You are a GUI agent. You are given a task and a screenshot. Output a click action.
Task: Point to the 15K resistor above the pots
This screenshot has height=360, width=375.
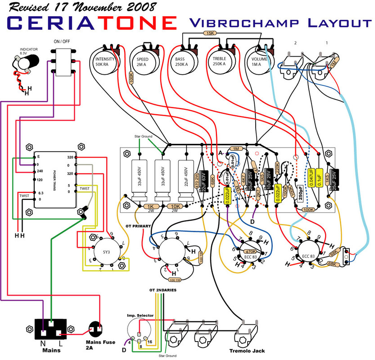209,33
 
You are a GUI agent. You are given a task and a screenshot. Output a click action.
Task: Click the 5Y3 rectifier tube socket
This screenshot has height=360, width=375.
105,252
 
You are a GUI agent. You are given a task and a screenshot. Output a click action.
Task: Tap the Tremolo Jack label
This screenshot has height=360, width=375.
247,351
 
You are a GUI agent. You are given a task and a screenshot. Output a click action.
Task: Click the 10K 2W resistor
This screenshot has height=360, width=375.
172,207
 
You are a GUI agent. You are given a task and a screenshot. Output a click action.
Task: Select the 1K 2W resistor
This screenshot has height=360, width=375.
149,207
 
